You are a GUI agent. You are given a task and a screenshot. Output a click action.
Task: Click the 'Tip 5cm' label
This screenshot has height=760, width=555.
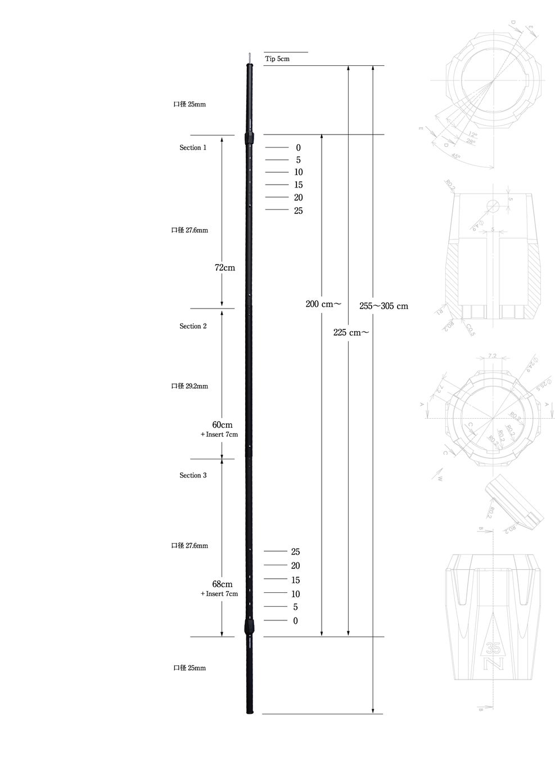pyautogui.click(x=277, y=59)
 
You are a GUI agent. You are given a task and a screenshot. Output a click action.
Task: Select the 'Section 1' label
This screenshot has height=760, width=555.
pyautogui.click(x=193, y=147)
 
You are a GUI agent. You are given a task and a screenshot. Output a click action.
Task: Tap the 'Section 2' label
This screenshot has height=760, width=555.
pyautogui.click(x=193, y=327)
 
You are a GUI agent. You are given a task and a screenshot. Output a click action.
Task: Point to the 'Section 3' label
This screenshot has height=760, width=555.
pyautogui.click(x=193, y=476)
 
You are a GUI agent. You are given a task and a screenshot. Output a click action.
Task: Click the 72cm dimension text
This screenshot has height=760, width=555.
pyautogui.click(x=225, y=268)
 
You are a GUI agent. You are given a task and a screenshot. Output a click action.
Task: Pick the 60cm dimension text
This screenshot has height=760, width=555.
pyautogui.click(x=222, y=425)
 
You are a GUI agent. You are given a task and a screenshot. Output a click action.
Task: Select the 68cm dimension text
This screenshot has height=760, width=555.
pyautogui.click(x=222, y=584)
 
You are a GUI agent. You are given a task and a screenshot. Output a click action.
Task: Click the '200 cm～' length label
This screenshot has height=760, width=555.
pyautogui.click(x=323, y=304)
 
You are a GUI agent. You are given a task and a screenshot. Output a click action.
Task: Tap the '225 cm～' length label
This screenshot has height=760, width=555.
pyautogui.click(x=351, y=333)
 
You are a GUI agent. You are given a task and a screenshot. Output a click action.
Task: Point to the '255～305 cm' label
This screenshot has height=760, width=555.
pyautogui.click(x=383, y=306)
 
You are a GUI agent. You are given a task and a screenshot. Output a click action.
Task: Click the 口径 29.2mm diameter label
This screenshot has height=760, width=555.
pyautogui.click(x=189, y=386)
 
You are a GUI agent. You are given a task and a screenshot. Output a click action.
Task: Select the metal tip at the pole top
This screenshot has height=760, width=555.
pyautogui.click(x=250, y=58)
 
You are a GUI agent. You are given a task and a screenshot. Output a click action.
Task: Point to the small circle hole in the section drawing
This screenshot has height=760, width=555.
pyautogui.click(x=493, y=207)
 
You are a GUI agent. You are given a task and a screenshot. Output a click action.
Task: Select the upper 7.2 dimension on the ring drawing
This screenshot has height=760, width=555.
pyautogui.click(x=492, y=356)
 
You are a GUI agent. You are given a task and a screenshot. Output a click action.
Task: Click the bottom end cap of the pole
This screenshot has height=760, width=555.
pyautogui.click(x=250, y=712)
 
